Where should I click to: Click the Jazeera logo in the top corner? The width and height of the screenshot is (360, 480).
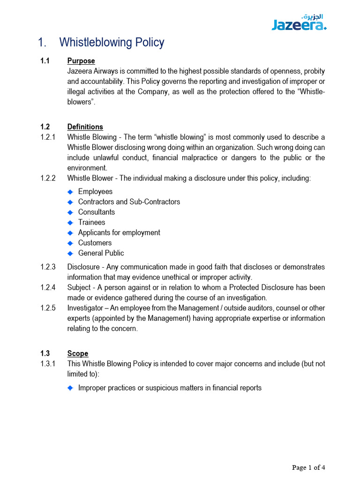pos(299,22)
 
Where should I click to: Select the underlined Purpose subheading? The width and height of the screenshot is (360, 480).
pos(81,61)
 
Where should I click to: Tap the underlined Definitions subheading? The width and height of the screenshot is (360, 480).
pos(85,127)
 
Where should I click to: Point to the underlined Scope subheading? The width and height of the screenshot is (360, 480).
pos(77,353)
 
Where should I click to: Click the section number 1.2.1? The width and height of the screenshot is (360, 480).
pos(48,137)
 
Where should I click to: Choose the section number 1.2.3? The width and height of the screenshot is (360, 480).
pos(48,267)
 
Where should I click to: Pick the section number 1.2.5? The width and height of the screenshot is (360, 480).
pos(48,308)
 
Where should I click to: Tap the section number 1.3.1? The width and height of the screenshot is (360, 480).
pos(48,364)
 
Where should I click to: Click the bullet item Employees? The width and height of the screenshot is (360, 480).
pos(95,192)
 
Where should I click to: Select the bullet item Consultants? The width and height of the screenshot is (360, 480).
pos(96,212)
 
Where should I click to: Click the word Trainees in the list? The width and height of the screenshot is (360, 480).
pos(91,223)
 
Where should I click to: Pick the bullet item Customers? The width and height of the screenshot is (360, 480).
pos(95,243)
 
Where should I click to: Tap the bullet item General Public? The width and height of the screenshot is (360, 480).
pos(101,253)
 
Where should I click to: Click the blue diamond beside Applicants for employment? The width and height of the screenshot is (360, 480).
pos(71,233)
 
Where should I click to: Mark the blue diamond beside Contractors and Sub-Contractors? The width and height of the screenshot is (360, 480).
pos(71,202)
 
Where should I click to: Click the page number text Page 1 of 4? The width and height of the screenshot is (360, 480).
pos(308,467)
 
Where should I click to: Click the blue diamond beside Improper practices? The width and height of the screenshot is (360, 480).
pos(71,388)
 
